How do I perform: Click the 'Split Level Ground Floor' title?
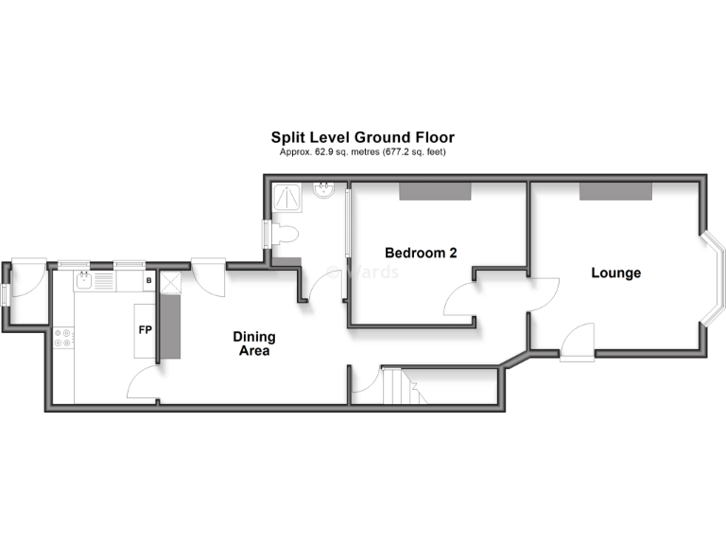point(363,137)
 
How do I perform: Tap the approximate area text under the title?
point(363,151)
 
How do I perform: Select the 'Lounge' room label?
point(615,273)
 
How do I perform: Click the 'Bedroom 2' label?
point(421,253)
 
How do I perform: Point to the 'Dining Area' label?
point(254,343)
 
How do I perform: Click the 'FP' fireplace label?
point(146,330)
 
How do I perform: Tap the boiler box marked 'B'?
point(148,281)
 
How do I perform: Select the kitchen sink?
point(85,281)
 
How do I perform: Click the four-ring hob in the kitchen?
point(64,338)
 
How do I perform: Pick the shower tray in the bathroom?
point(286,195)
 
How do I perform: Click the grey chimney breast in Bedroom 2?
point(434,190)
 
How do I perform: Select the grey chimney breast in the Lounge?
point(615,190)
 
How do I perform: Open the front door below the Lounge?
point(577,341)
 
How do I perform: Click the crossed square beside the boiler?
point(170,282)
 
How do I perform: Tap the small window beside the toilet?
point(267,234)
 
